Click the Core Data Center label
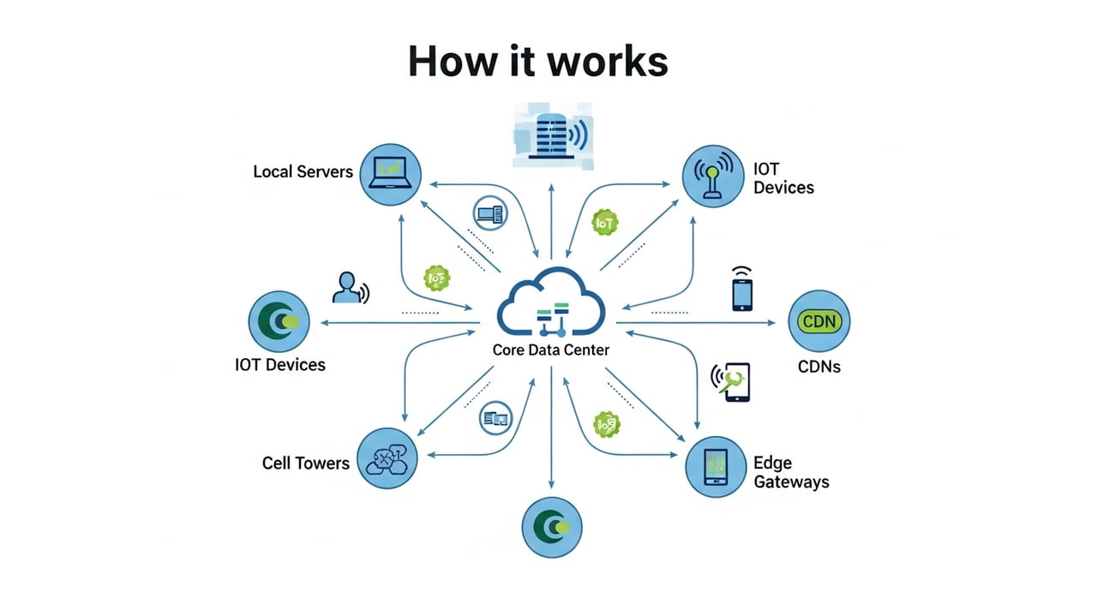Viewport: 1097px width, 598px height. point(551,350)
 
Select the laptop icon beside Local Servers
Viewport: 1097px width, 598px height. point(390,174)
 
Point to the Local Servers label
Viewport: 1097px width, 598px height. point(303,171)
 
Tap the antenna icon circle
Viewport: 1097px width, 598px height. point(712,176)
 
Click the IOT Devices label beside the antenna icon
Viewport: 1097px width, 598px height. point(783,178)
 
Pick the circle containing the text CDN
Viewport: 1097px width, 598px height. point(818,322)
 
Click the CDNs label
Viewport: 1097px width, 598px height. point(818,367)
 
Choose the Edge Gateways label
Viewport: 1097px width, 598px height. point(791,472)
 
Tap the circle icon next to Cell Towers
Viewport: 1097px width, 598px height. point(387,459)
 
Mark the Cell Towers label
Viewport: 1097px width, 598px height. point(306,463)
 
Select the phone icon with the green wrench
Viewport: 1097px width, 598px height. point(734,382)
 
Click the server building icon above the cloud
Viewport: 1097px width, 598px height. point(549,135)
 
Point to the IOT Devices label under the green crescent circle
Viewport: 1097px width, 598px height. point(280,365)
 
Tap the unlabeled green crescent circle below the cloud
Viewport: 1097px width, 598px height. point(552,527)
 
